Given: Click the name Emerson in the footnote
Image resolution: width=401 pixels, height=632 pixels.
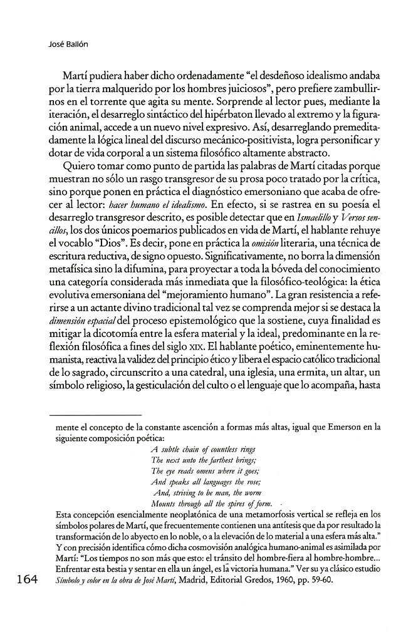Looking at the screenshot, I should tap(348, 428).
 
